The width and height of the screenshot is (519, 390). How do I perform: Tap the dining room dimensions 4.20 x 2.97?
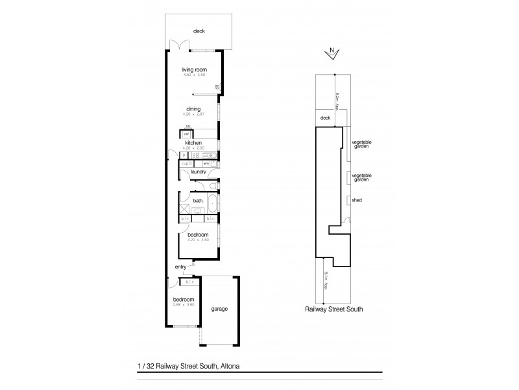(193, 114)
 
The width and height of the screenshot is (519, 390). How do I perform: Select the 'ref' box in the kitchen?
(186, 134)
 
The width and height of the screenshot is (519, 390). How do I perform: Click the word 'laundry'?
(199, 172)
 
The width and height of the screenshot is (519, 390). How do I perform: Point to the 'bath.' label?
(198, 201)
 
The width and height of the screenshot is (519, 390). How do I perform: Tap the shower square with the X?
(184, 209)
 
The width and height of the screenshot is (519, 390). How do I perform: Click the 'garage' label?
(219, 309)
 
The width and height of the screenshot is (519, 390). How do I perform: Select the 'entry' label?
(180, 267)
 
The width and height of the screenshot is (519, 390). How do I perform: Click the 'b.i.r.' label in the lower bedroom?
(190, 282)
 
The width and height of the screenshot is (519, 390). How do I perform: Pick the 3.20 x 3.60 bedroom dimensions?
(198, 240)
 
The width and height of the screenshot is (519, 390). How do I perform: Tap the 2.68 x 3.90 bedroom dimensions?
(184, 304)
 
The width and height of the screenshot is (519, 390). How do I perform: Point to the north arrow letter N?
(332, 50)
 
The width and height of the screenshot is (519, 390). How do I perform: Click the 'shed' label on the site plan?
(356, 201)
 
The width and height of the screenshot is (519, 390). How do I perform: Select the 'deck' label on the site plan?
(326, 118)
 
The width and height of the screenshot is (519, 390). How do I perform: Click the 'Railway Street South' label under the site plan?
(333, 310)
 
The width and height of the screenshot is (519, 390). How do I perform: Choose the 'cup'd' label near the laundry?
(185, 163)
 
